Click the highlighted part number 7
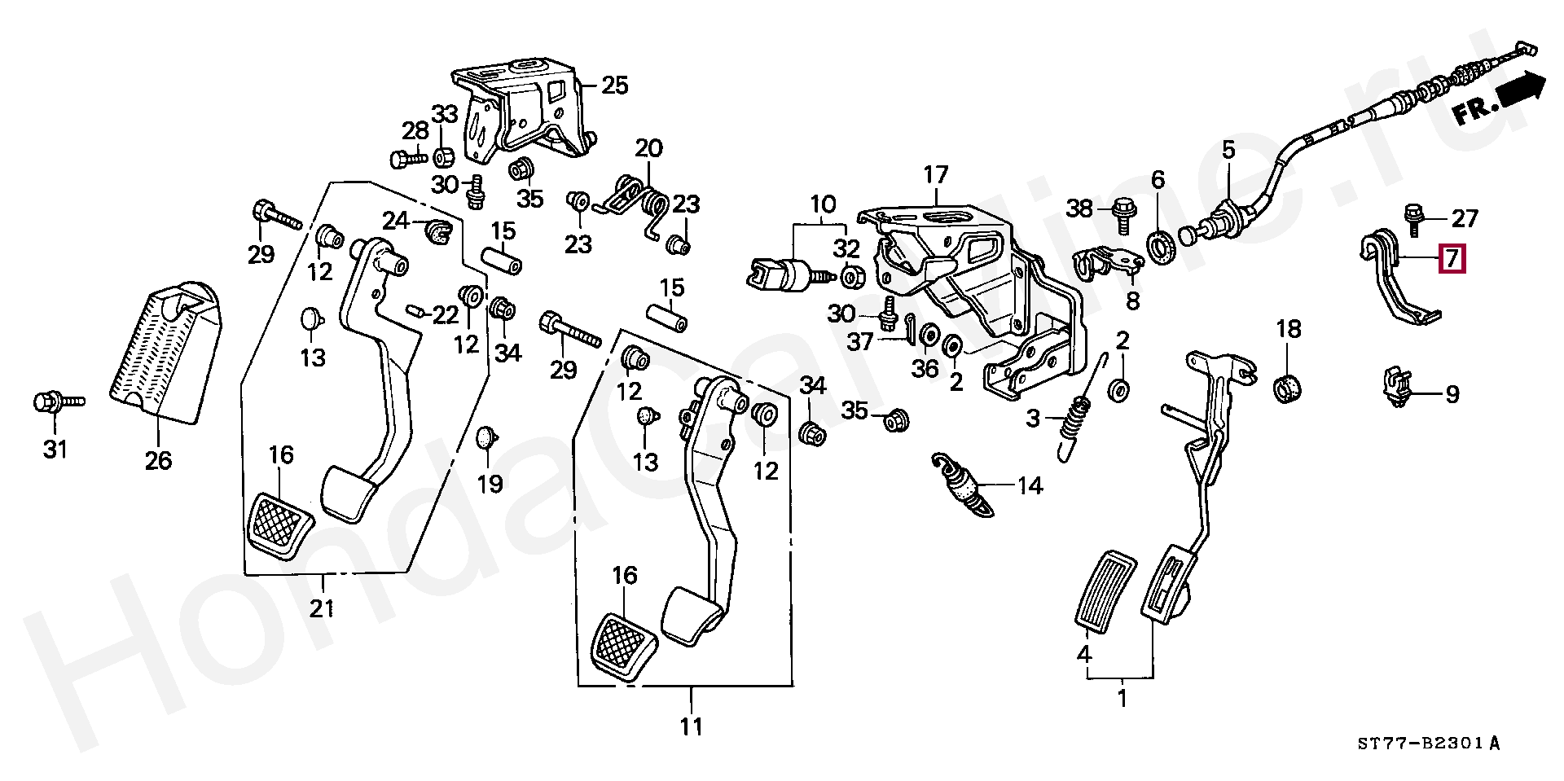tap(1452, 260)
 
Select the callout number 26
tap(159, 460)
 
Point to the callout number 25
tap(616, 85)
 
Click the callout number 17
tap(936, 174)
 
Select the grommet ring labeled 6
tap(1159, 244)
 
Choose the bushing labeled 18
tap(1288, 388)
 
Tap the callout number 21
tap(323, 608)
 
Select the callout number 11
tap(692, 726)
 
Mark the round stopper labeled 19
tap(485, 438)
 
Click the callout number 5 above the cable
tap(1228, 149)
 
